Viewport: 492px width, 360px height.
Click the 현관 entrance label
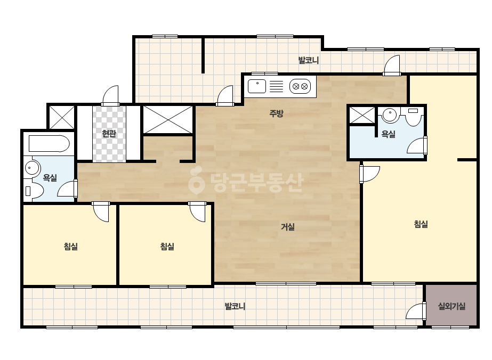pos(109,134)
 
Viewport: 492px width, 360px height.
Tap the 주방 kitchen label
pos(277,113)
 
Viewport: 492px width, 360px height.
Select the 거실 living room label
pos(287,226)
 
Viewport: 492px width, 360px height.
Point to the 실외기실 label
pos(451,306)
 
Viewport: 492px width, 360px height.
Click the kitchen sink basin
pos(257,86)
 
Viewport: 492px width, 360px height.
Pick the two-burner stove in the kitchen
pos(300,87)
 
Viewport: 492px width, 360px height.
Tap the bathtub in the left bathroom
pos(49,144)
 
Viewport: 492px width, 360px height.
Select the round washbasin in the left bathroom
pos(32,168)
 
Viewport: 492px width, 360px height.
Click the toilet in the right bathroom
pos(413,116)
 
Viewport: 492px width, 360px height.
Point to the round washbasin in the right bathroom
pos(390,115)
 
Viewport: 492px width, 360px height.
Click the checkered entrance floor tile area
pos(109,134)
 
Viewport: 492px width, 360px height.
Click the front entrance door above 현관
pos(110,95)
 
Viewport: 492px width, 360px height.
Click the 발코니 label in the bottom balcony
pos(235,306)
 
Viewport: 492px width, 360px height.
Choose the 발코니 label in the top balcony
pos(309,60)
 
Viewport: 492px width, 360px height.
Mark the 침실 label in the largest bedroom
pos(421,224)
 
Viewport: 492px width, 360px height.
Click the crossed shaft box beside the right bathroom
pos(362,115)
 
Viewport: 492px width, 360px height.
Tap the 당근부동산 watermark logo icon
pos(196,181)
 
